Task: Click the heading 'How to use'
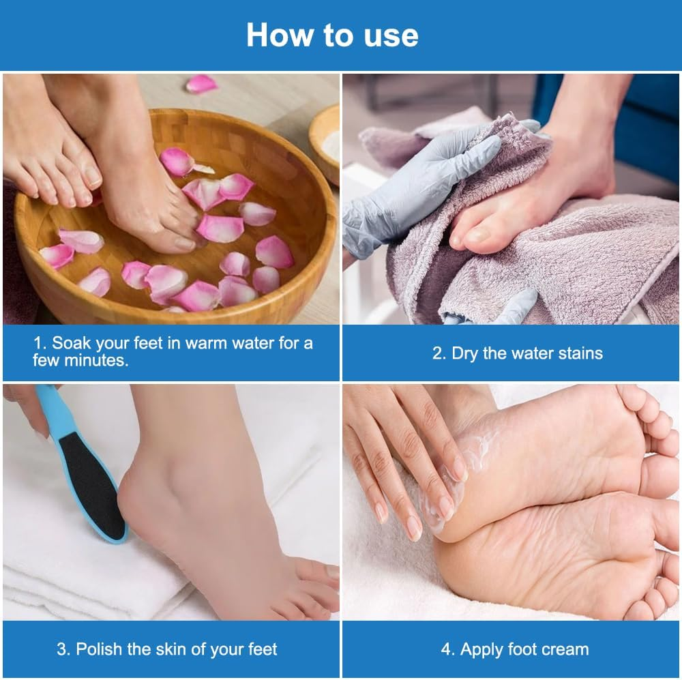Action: [332, 35]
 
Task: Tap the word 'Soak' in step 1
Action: [71, 343]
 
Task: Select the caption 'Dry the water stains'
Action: [518, 353]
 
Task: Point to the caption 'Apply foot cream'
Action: [515, 649]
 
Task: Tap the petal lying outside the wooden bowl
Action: [201, 84]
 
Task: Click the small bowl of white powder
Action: [327, 140]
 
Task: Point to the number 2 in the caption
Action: [438, 353]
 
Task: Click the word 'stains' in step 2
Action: [578, 353]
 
